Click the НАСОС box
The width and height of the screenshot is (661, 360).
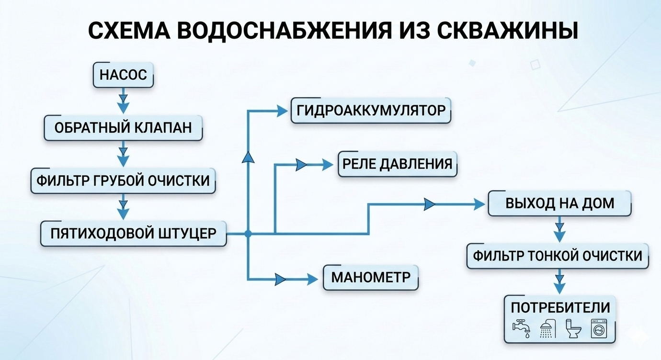(x=124, y=75)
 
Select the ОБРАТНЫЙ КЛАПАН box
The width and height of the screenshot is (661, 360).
(x=123, y=128)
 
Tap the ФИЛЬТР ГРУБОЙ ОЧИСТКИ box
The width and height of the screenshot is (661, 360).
(x=123, y=180)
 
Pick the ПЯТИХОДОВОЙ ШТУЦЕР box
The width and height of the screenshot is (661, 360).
(x=133, y=233)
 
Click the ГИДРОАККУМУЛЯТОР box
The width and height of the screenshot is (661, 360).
(x=371, y=111)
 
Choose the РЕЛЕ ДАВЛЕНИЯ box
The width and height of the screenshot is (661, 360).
(x=397, y=164)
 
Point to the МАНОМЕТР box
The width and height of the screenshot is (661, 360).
(x=370, y=277)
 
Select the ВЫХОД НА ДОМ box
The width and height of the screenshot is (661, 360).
(x=559, y=203)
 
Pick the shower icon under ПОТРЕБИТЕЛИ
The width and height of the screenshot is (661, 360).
(x=547, y=329)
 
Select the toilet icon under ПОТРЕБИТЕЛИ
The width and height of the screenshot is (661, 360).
(x=572, y=329)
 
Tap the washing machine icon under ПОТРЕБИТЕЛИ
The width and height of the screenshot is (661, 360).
(x=597, y=329)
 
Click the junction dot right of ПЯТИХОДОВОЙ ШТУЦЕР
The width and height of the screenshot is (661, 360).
(x=248, y=234)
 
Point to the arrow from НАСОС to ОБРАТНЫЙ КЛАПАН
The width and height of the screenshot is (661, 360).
(x=124, y=101)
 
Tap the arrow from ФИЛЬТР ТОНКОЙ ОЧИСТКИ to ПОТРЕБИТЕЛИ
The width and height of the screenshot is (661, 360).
(x=558, y=282)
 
